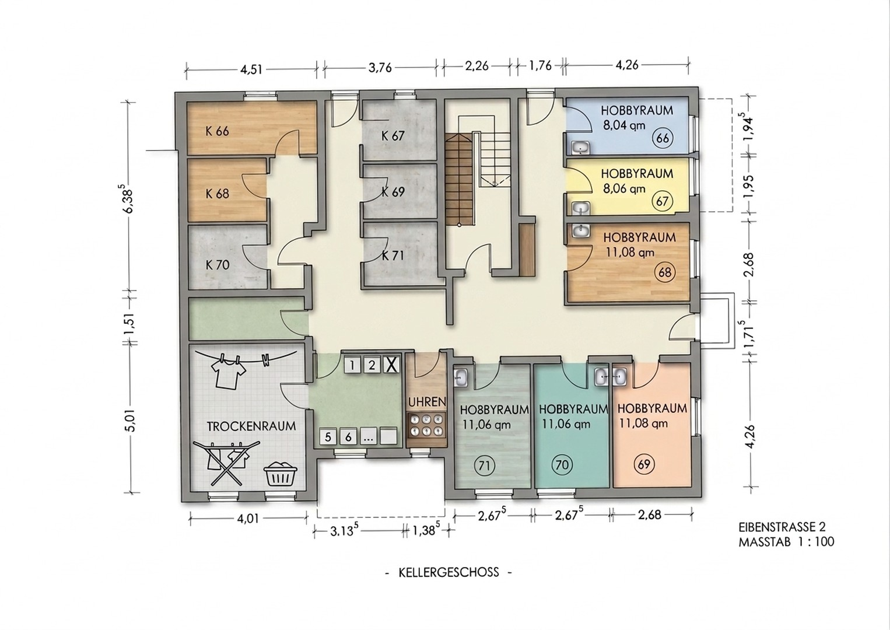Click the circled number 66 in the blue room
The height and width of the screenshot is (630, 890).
point(663,138)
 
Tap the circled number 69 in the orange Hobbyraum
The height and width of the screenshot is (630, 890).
point(644,464)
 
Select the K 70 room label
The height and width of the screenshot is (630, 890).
point(218,265)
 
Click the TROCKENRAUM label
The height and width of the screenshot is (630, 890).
point(251,426)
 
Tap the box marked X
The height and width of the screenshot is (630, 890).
point(391,365)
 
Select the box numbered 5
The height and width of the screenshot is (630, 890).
point(328,437)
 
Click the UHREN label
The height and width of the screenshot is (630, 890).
point(427,402)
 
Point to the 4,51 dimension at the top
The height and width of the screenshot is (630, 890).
point(251,69)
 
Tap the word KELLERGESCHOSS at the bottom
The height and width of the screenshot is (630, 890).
point(448,572)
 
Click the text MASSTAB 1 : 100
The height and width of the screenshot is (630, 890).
point(786,542)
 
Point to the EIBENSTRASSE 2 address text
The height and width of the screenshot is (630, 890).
point(782,527)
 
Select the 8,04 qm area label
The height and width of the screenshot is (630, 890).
point(624,125)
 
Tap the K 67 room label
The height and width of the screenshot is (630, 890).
point(393,136)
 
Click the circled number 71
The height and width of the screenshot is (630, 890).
point(484,465)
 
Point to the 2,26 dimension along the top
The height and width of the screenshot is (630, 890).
point(477,65)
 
